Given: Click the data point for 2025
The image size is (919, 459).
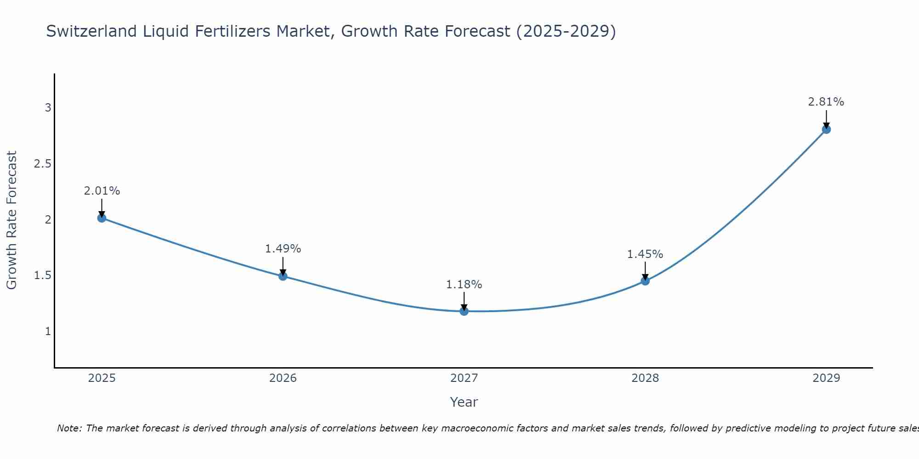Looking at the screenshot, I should [102, 218].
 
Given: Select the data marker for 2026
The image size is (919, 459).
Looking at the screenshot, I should [283, 276].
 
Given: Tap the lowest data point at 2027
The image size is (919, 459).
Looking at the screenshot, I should [464, 311].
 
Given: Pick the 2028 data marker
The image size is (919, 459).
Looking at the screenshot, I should [645, 281].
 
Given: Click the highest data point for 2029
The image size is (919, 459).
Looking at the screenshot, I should [826, 129].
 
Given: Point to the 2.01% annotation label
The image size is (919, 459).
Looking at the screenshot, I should [102, 191].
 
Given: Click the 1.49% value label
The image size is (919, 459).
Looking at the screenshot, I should [283, 249].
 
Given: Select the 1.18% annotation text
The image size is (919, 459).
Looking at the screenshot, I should [464, 285].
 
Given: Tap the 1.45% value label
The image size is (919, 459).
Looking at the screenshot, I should [645, 254].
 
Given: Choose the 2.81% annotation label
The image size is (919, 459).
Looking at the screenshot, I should [826, 102].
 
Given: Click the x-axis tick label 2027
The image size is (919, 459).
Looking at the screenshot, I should [464, 378].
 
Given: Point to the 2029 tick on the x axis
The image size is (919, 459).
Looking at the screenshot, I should [826, 378].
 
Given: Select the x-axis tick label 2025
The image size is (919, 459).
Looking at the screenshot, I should [102, 378].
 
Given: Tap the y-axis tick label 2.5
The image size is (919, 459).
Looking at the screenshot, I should [42, 164].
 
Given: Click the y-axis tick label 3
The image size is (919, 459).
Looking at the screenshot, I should [48, 108].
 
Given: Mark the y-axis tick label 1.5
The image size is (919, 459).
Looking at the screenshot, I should [42, 275].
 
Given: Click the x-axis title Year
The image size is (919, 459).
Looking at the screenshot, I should [464, 402].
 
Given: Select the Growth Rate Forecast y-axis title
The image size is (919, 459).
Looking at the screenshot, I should [12, 220].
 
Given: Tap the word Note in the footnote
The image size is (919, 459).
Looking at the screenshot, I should [69, 428].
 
